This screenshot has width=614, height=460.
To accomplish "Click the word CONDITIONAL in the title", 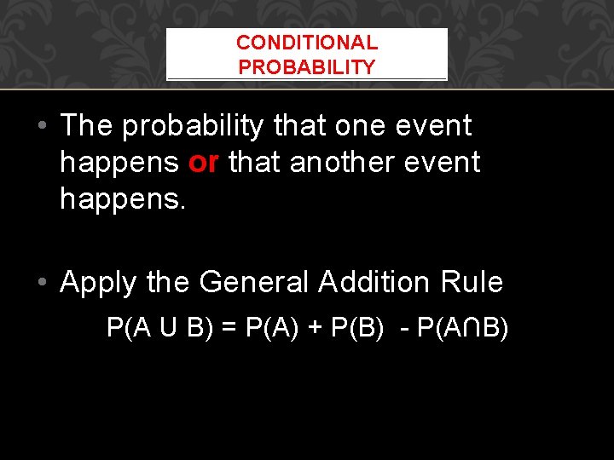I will click(307, 43).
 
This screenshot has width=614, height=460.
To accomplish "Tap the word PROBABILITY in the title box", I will click(307, 67).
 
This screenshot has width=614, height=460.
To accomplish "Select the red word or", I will click(204, 162).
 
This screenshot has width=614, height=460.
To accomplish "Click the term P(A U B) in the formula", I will click(159, 328).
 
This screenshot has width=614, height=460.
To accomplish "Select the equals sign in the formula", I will click(230, 328).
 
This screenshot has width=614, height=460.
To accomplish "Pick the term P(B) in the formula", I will click(359, 328).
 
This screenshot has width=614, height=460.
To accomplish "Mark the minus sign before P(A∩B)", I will click(403, 329).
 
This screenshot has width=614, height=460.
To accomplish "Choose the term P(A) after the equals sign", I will click(271, 328).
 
